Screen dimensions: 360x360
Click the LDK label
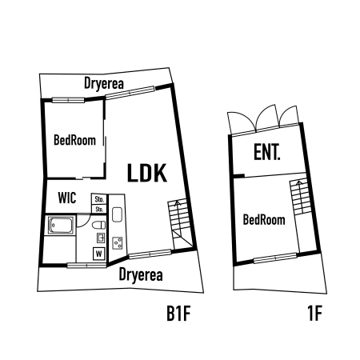click(x=147, y=173)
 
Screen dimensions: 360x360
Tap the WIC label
click(x=67, y=198)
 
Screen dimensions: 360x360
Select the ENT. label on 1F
click(x=266, y=152)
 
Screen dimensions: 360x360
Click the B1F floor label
click(x=178, y=314)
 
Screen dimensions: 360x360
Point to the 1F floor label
click(x=315, y=314)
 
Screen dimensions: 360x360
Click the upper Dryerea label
click(x=104, y=83)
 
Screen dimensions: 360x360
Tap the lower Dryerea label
click(x=141, y=274)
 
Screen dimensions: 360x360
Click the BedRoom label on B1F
click(x=74, y=140)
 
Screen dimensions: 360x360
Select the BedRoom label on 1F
click(x=264, y=220)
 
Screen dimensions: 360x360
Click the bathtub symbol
click(x=61, y=226)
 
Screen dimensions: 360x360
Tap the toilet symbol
click(x=99, y=225)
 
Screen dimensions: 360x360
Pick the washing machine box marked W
click(x=99, y=254)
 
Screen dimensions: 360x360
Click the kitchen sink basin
click(x=118, y=214)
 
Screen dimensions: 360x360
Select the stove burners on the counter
click(x=118, y=243)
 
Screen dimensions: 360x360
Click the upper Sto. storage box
click(x=99, y=199)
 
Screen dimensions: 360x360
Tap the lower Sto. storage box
click(x=99, y=209)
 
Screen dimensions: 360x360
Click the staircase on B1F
click(x=180, y=224)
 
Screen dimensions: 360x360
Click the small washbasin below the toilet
click(x=101, y=238)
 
